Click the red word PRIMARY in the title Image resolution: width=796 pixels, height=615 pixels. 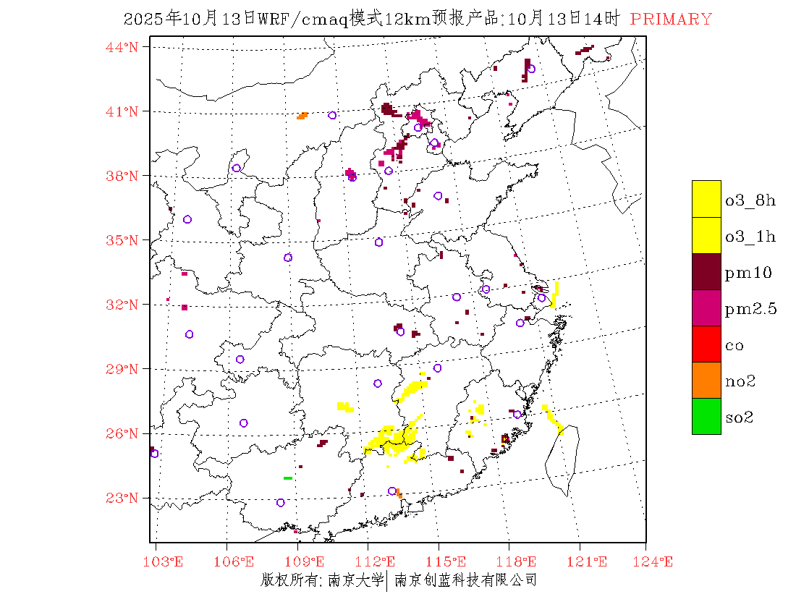(671, 20)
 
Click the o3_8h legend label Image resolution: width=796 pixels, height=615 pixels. (750, 200)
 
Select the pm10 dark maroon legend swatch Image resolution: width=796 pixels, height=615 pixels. (706, 271)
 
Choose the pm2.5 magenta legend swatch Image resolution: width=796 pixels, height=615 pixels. (706, 307)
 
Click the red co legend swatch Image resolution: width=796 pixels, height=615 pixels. (706, 344)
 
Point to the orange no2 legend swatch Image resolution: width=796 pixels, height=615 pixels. (706, 380)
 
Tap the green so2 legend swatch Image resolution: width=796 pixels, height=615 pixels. (706, 416)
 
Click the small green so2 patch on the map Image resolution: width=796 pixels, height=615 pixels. (287, 478)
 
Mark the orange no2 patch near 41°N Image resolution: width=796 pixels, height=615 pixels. (302, 116)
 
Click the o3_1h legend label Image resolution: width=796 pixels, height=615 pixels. (750, 237)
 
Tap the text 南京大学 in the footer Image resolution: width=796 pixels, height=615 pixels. (355, 580)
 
